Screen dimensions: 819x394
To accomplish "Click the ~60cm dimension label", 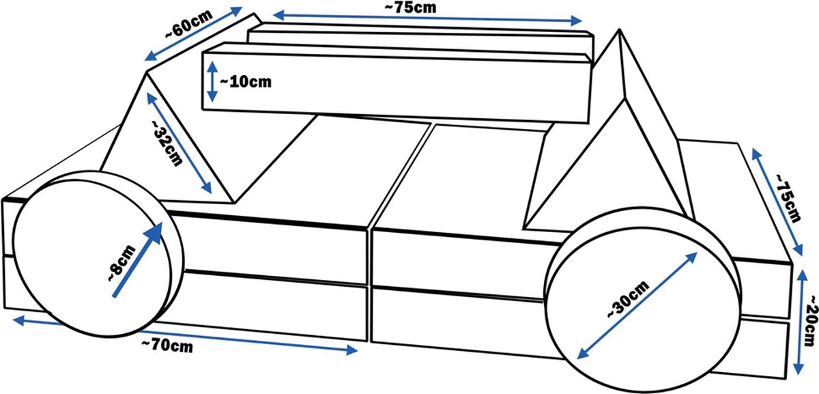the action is [x=189, y=24].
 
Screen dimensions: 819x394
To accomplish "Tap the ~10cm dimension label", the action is [x=246, y=82].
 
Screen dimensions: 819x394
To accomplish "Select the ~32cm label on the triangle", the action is [x=167, y=143].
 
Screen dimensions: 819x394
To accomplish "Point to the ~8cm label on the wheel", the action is [x=121, y=264].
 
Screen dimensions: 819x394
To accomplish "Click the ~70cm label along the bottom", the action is [x=167, y=346].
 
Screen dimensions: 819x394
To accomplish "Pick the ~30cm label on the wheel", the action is [x=628, y=299].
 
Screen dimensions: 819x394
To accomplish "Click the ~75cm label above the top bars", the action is [x=410, y=8].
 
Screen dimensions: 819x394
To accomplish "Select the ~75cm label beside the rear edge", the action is [x=787, y=197].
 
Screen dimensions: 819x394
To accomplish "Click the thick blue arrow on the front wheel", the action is [x=137, y=259].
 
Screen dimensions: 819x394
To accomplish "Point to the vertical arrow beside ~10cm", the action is [x=212, y=81].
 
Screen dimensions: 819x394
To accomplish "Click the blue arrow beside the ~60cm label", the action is [x=193, y=33].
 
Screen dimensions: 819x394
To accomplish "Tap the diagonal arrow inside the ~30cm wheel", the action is [x=637, y=305].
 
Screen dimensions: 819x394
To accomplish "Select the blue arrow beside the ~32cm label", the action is [x=179, y=143].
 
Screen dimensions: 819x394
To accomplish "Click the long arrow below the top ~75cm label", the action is [x=427, y=18].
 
